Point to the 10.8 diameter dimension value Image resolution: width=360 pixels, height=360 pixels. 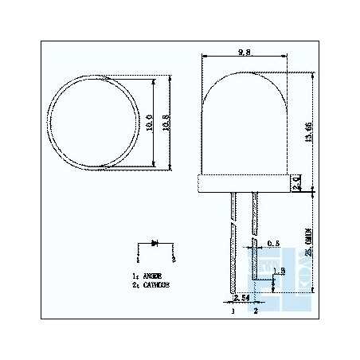click(166, 123)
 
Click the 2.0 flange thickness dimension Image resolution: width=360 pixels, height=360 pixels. click(297, 183)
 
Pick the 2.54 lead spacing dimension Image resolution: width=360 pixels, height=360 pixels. click(240, 298)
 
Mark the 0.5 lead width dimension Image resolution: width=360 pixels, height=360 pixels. click(272, 243)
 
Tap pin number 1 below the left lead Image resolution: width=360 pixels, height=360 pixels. click(232, 312)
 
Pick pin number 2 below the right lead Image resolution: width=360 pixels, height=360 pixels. click(255, 312)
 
